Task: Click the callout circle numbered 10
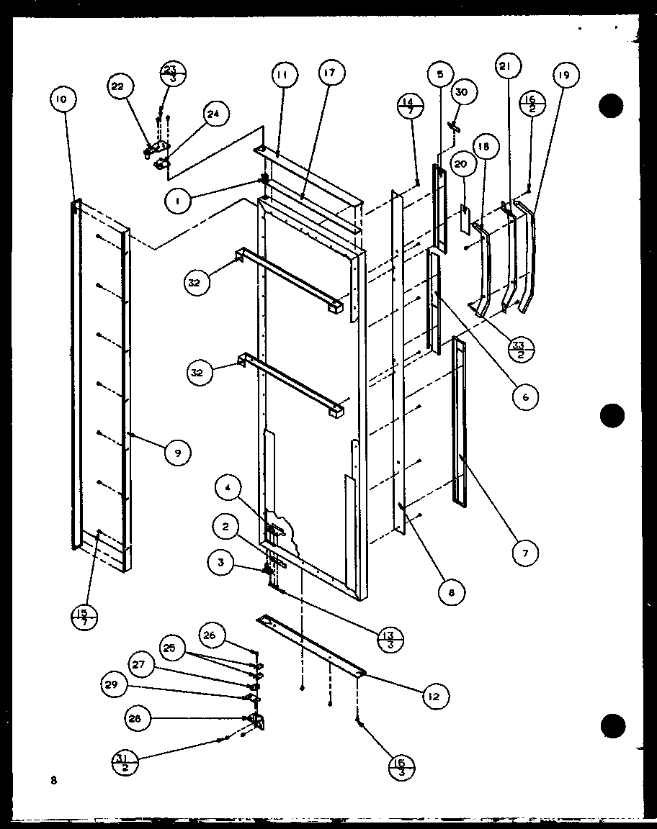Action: tap(61, 100)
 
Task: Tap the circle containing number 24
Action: tap(215, 113)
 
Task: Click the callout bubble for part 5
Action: tap(440, 73)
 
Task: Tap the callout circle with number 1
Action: tap(178, 202)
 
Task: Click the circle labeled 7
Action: tap(525, 553)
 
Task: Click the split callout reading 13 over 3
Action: tap(390, 638)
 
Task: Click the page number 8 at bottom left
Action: tap(54, 779)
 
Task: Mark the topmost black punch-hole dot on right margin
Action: tap(611, 106)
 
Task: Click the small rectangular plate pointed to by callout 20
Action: tap(465, 219)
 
